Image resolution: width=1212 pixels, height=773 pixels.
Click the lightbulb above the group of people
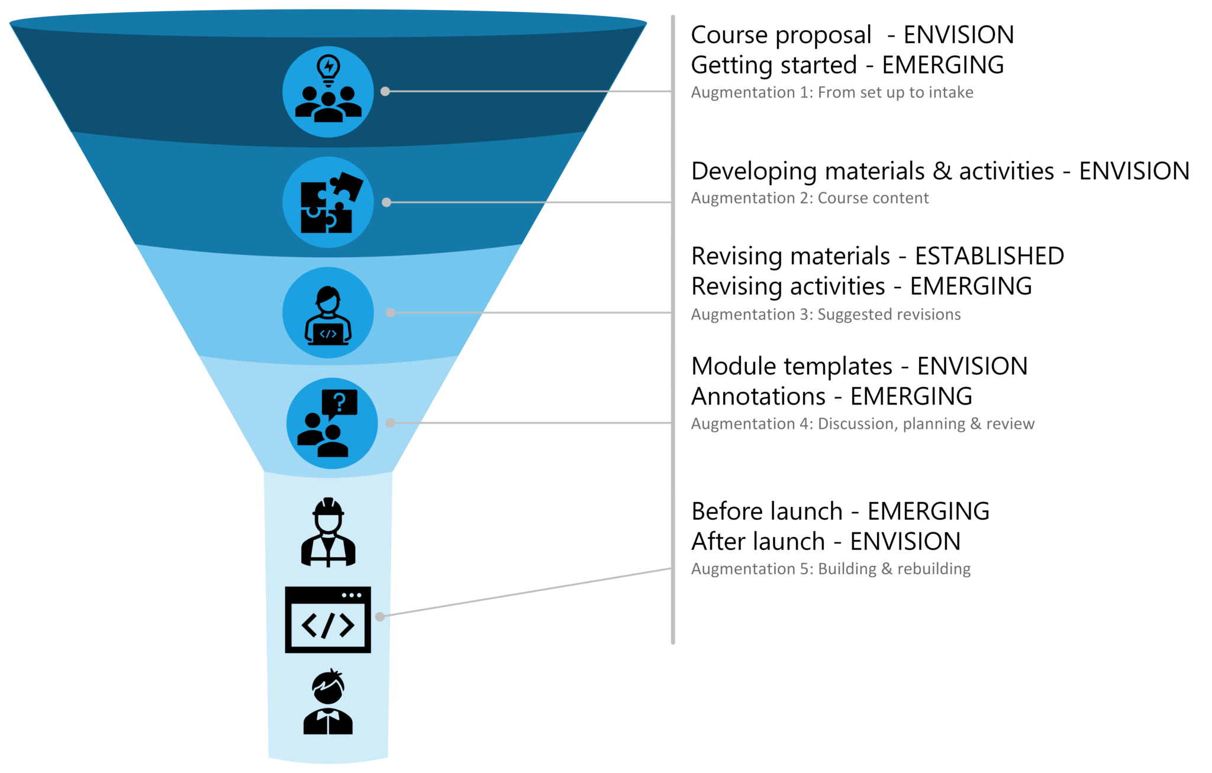328,69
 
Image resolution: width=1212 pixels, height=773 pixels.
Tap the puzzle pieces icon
328,202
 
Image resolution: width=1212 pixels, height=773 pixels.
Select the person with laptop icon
328,313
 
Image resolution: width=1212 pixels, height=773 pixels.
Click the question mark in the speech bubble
340,402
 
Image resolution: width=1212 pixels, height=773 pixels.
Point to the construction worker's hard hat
328,507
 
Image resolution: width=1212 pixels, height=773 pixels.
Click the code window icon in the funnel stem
328,620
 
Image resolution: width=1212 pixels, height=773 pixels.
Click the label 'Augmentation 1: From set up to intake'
831,92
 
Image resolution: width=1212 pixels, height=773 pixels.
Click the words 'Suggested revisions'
889,314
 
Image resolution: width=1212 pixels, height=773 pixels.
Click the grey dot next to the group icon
385,92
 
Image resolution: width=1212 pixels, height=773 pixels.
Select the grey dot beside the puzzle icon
386,202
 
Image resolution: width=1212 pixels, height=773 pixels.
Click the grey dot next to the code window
380,616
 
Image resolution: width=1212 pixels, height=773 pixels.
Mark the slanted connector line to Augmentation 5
527,593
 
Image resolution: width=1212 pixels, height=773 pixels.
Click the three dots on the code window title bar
352,596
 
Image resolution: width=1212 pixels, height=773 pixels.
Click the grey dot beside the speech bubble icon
390,423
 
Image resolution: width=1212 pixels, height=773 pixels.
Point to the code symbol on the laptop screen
328,334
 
